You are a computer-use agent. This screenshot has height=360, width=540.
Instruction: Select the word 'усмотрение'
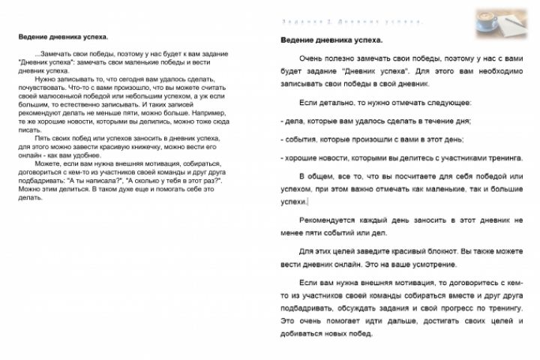coord(456,264)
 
